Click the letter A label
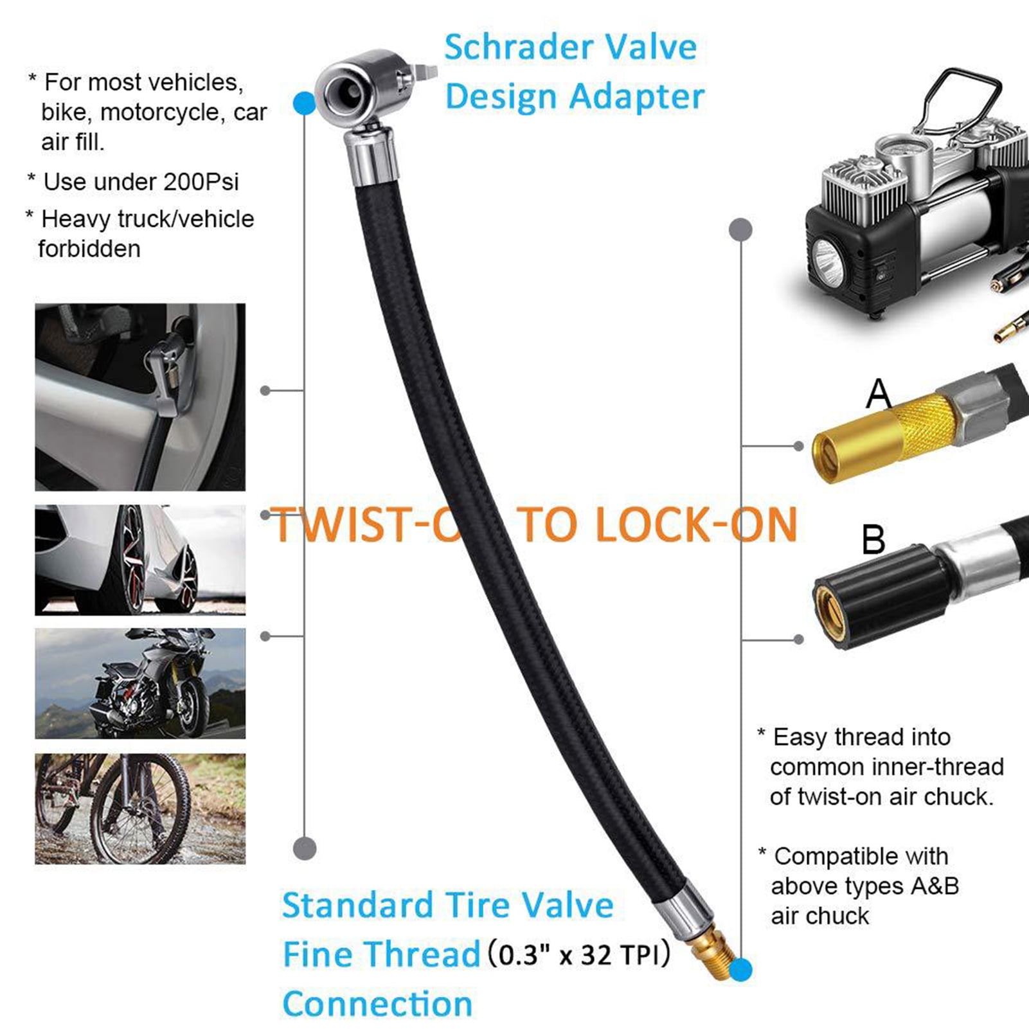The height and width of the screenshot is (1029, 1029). [x=879, y=393]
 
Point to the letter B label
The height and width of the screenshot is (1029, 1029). [x=873, y=539]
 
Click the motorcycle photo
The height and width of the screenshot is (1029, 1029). [x=140, y=683]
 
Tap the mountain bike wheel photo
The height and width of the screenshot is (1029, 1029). [x=140, y=808]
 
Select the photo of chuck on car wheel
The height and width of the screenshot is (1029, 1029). [x=140, y=397]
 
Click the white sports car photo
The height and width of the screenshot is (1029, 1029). [x=140, y=559]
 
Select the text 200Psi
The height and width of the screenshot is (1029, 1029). [x=201, y=182]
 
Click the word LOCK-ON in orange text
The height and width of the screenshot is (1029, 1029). [x=659, y=525]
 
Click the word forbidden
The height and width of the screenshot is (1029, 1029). [x=89, y=249]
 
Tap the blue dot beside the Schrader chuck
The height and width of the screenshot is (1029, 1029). [x=304, y=103]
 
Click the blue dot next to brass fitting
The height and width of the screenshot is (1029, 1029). [x=740, y=969]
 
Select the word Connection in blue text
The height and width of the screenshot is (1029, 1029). [x=377, y=1003]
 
